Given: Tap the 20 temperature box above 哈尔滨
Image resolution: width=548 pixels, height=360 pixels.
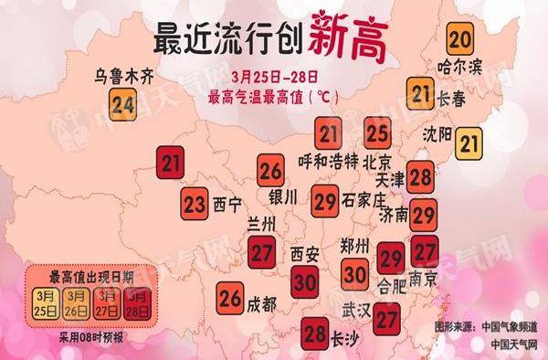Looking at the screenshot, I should (x=461, y=40).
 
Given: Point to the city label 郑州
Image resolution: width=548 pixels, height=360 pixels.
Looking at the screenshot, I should (x=353, y=246).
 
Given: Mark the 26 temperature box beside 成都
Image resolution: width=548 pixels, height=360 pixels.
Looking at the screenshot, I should (x=230, y=299).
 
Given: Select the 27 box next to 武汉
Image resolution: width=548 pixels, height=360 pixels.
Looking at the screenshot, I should (x=387, y=318).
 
